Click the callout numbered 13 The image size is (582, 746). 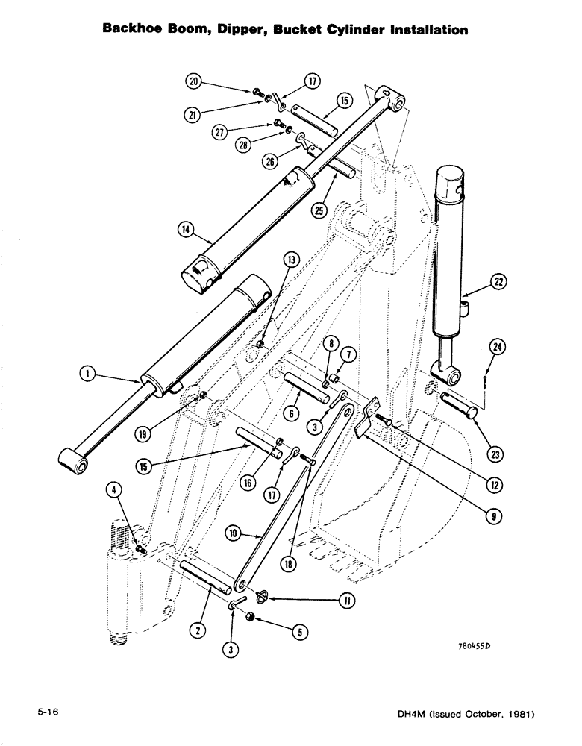(291, 259)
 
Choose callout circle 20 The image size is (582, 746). (195, 79)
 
